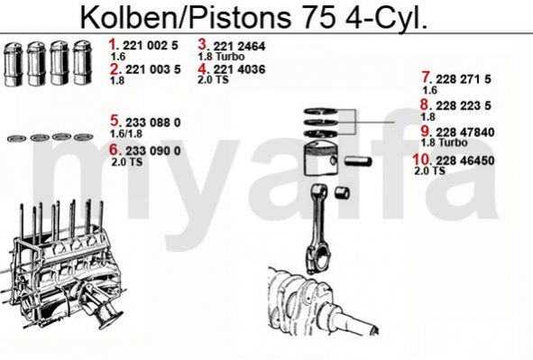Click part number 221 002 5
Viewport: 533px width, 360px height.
click(151, 45)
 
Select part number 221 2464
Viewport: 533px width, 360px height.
click(239, 46)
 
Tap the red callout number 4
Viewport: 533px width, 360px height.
click(202, 69)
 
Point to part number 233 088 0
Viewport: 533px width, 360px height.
click(153, 123)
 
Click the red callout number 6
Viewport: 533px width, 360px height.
click(114, 150)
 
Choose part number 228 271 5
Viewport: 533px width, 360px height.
click(464, 79)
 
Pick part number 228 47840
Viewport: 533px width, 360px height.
click(465, 133)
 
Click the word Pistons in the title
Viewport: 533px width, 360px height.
click(240, 17)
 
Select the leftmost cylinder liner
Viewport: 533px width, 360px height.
click(14, 64)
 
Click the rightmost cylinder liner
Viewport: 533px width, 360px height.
click(83, 63)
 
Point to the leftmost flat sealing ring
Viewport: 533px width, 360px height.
click(16, 138)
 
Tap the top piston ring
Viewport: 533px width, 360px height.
click(320, 111)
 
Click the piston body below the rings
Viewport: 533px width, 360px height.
click(320, 159)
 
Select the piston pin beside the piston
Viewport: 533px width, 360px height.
click(358, 161)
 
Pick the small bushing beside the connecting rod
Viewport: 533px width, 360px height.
click(342, 192)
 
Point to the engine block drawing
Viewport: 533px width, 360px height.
click(63, 265)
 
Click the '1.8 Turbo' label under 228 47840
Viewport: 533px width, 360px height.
click(444, 143)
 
